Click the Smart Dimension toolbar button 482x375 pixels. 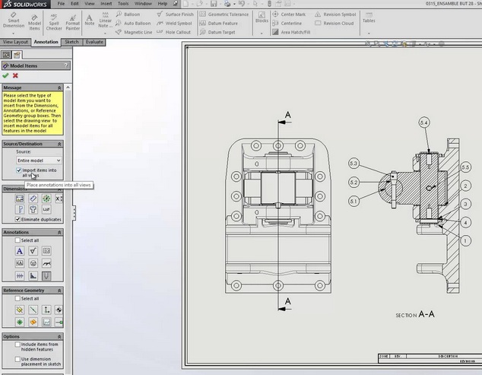(x=13, y=21)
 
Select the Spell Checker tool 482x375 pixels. (x=54, y=21)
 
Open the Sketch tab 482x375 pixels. (x=72, y=42)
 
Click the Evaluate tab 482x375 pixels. (x=94, y=42)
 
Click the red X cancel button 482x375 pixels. (x=15, y=75)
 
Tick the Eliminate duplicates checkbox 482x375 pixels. (x=17, y=219)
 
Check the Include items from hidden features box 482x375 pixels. (x=17, y=344)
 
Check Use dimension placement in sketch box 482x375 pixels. (x=17, y=358)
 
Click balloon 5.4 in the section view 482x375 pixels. (x=423, y=122)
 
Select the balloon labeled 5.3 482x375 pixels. (x=354, y=164)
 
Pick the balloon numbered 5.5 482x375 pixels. (x=465, y=166)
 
